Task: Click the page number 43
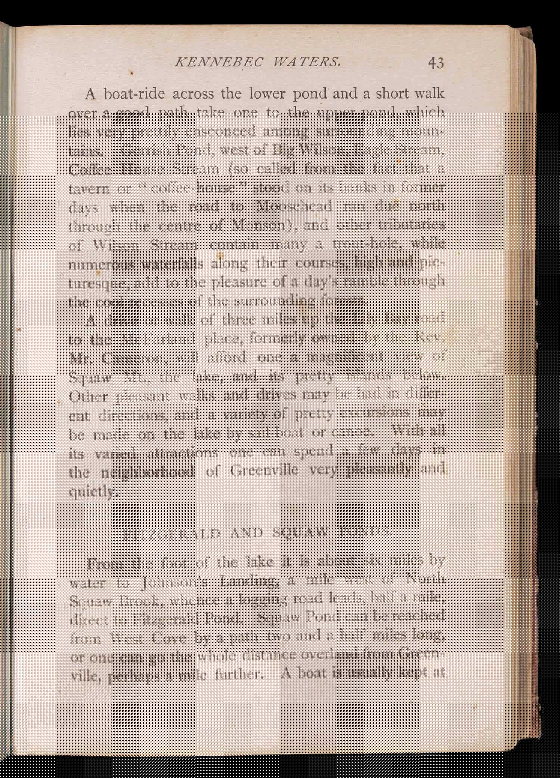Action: coord(436,62)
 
